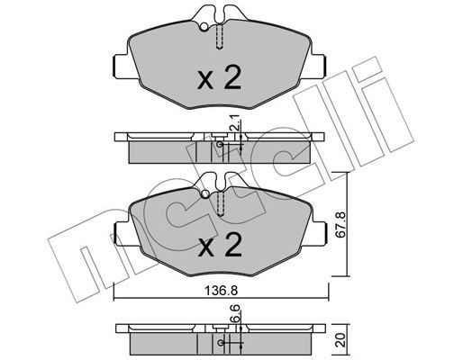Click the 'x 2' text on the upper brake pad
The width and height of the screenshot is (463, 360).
(219, 79)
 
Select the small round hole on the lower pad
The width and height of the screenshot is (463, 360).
(204, 193)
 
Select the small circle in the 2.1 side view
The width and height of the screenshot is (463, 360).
(219, 144)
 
